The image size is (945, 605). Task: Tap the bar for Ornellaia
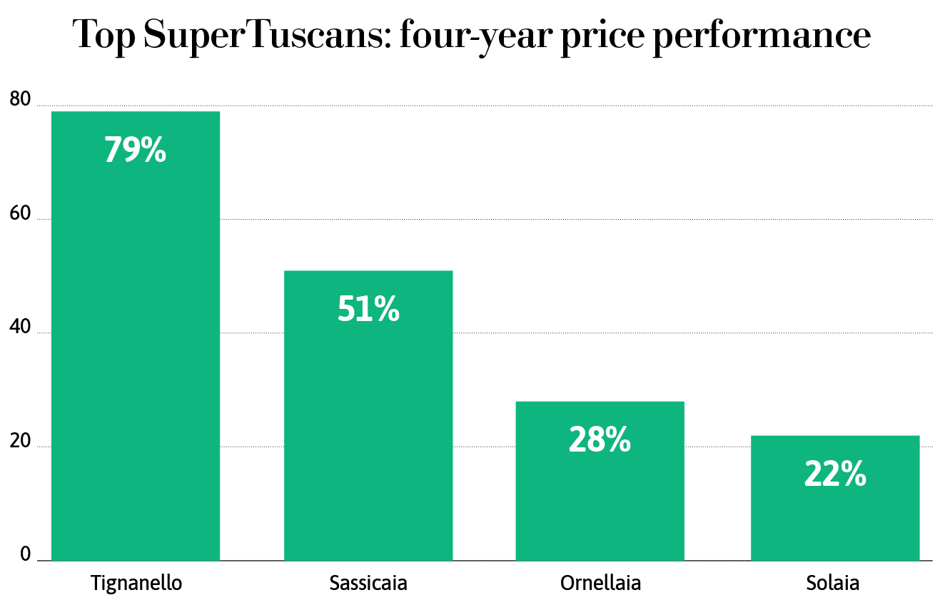click(600, 499)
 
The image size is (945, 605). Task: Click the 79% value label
click(136, 150)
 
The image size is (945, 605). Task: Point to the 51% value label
click(368, 309)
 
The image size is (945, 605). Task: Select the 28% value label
click(600, 440)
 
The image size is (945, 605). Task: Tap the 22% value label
click(835, 474)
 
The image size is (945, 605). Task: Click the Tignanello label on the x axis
click(136, 583)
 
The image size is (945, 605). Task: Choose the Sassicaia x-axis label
click(368, 583)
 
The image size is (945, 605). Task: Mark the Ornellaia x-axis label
click(600, 583)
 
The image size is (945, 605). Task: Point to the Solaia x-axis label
click(833, 583)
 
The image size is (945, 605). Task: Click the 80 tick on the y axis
click(21, 101)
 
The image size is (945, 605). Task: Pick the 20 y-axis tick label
click(21, 442)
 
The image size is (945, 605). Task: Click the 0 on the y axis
click(26, 554)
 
